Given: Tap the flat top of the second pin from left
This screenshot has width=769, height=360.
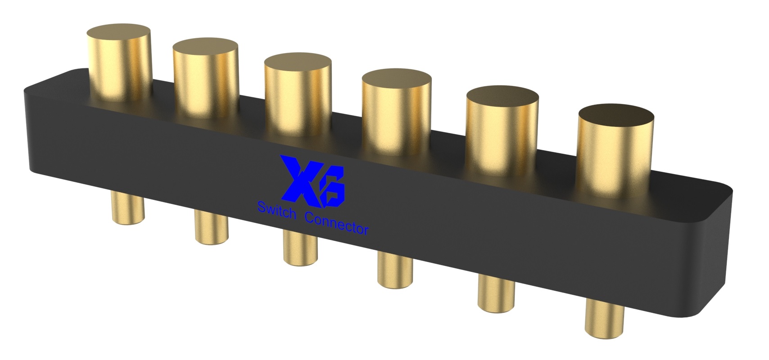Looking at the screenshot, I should (205, 47).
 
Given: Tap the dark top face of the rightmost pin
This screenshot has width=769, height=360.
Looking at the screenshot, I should (616, 115).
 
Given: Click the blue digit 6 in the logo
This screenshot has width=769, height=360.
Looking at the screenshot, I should (331, 184).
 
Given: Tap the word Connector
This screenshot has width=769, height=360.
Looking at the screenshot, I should (337, 224).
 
